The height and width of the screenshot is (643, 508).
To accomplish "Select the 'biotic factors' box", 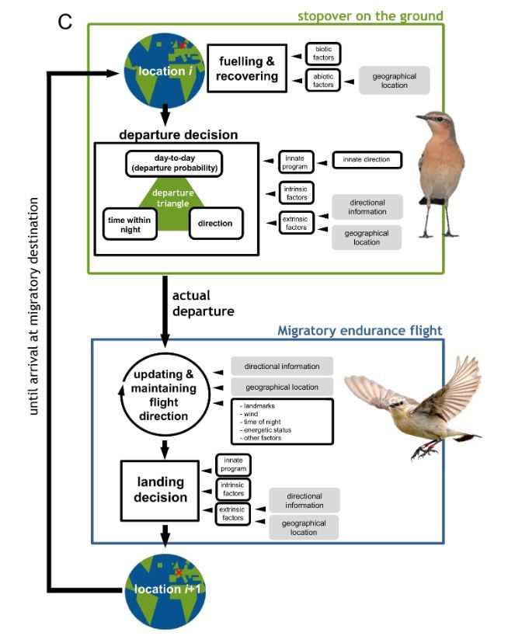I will [323, 54].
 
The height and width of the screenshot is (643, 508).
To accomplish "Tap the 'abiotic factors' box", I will [323, 79].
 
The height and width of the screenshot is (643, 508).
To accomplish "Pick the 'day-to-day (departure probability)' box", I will [174, 164].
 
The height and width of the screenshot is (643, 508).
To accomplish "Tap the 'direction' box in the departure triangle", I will [215, 223].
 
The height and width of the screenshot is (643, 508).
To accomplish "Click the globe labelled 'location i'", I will [162, 68].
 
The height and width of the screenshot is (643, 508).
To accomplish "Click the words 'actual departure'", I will [204, 303].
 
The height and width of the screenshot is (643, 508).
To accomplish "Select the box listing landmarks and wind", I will [281, 421].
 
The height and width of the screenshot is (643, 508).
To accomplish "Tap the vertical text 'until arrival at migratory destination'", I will [33, 306].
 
